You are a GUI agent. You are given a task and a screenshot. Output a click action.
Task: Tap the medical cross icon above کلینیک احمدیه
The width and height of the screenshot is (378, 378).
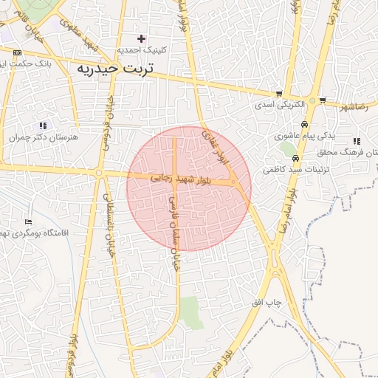141,38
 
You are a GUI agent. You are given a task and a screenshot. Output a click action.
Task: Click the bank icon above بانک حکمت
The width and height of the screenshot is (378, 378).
17,52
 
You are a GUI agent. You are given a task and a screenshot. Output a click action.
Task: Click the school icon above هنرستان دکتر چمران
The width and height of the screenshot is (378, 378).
43,126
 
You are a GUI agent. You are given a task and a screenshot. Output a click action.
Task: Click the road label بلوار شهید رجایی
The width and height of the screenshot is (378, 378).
181,178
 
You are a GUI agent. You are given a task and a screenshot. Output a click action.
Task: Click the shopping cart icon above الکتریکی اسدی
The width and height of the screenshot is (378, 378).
278,94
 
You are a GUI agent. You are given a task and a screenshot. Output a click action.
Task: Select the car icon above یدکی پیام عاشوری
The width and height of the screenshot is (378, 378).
303,124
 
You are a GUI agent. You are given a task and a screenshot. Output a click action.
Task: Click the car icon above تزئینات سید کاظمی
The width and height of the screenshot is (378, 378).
295,158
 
